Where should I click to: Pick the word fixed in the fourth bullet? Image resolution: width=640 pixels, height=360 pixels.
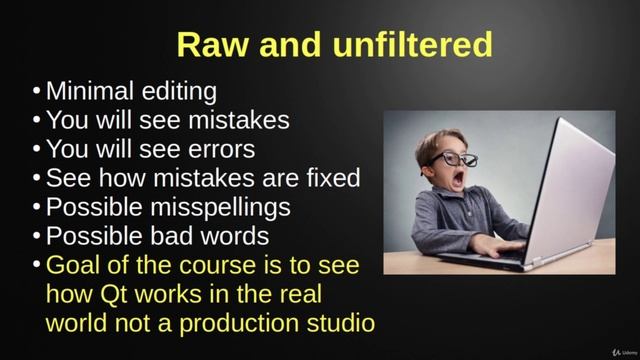331,179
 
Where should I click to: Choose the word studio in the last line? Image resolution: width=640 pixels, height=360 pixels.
337,324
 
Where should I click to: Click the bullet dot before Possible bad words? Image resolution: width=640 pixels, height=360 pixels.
37,237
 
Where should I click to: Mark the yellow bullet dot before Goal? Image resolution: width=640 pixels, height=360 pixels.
37,266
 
